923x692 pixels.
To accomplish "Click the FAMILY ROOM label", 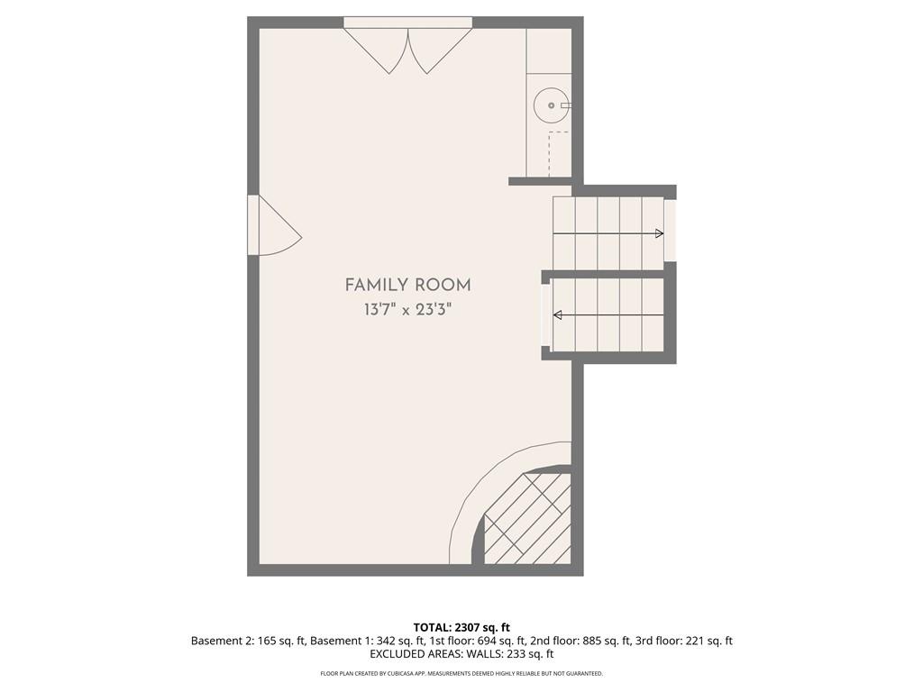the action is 407,286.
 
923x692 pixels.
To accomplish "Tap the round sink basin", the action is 551,105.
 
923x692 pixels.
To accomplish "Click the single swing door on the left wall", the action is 274,225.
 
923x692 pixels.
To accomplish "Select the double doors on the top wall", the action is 408,45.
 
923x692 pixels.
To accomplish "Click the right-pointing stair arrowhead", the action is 660,233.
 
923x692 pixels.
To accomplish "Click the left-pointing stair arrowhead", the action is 557,315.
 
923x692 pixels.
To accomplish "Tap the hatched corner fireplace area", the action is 526,518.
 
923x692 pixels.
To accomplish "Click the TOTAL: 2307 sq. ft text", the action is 461,627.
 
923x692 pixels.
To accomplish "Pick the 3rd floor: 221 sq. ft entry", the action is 684,641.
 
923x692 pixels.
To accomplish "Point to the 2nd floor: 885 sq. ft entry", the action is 580,641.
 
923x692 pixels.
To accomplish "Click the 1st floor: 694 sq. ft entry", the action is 478,641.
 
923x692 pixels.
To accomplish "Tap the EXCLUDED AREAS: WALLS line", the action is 461,654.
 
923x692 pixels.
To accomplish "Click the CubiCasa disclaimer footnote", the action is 461,673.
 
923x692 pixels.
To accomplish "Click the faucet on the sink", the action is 566,105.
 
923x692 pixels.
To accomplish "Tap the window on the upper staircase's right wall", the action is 671,230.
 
